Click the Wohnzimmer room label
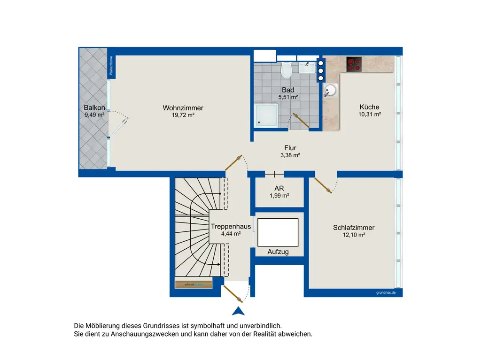183,108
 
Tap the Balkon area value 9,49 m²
94,115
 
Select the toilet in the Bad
287,70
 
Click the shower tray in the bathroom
266,115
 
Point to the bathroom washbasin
307,68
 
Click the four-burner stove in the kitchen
354,64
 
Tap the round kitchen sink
330,91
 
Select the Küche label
369,107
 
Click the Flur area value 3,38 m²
290,155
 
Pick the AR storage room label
279,188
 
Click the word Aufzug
278,252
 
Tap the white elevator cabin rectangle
278,232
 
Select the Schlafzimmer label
354,228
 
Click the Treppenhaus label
231,226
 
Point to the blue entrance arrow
238,311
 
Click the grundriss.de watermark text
386,292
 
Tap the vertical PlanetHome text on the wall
111,65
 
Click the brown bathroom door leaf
301,120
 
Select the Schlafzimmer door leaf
323,185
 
